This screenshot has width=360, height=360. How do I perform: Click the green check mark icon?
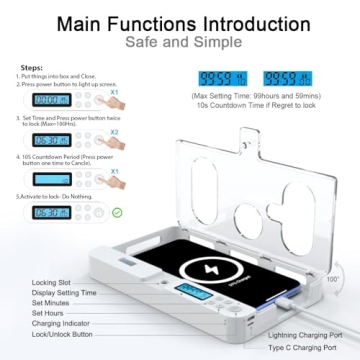coord(89,212)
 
